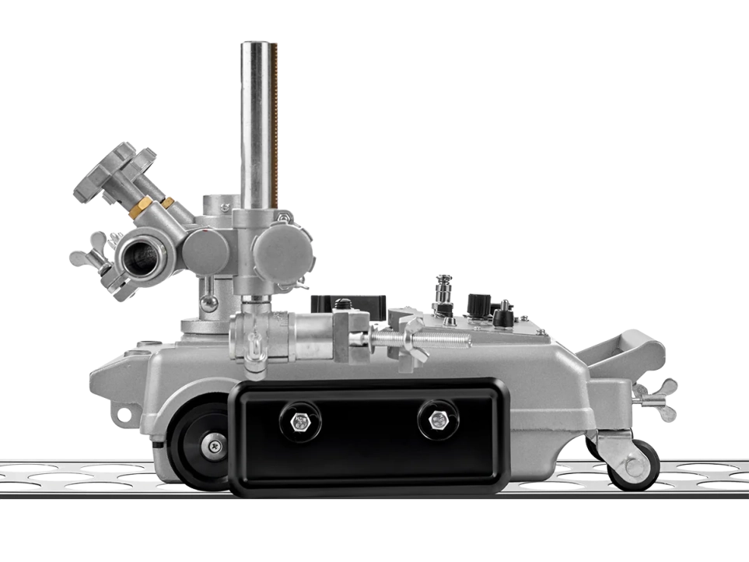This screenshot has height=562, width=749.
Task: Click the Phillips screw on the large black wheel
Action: (212, 447)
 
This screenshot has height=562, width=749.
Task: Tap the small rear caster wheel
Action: (633, 465)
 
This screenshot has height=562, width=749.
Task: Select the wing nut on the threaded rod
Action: (411, 342)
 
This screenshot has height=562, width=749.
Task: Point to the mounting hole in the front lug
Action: (122, 414)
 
